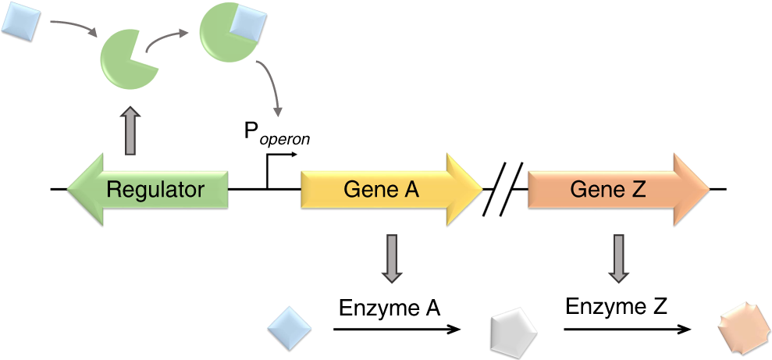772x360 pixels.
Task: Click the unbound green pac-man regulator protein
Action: pyautogui.click(x=127, y=61)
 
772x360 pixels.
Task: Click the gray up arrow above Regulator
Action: pyautogui.click(x=130, y=131)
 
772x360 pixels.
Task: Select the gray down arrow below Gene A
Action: pyautogui.click(x=392, y=257)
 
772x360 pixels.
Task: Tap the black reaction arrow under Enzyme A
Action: pyautogui.click(x=397, y=330)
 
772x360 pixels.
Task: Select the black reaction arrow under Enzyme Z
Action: pyautogui.click(x=628, y=330)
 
